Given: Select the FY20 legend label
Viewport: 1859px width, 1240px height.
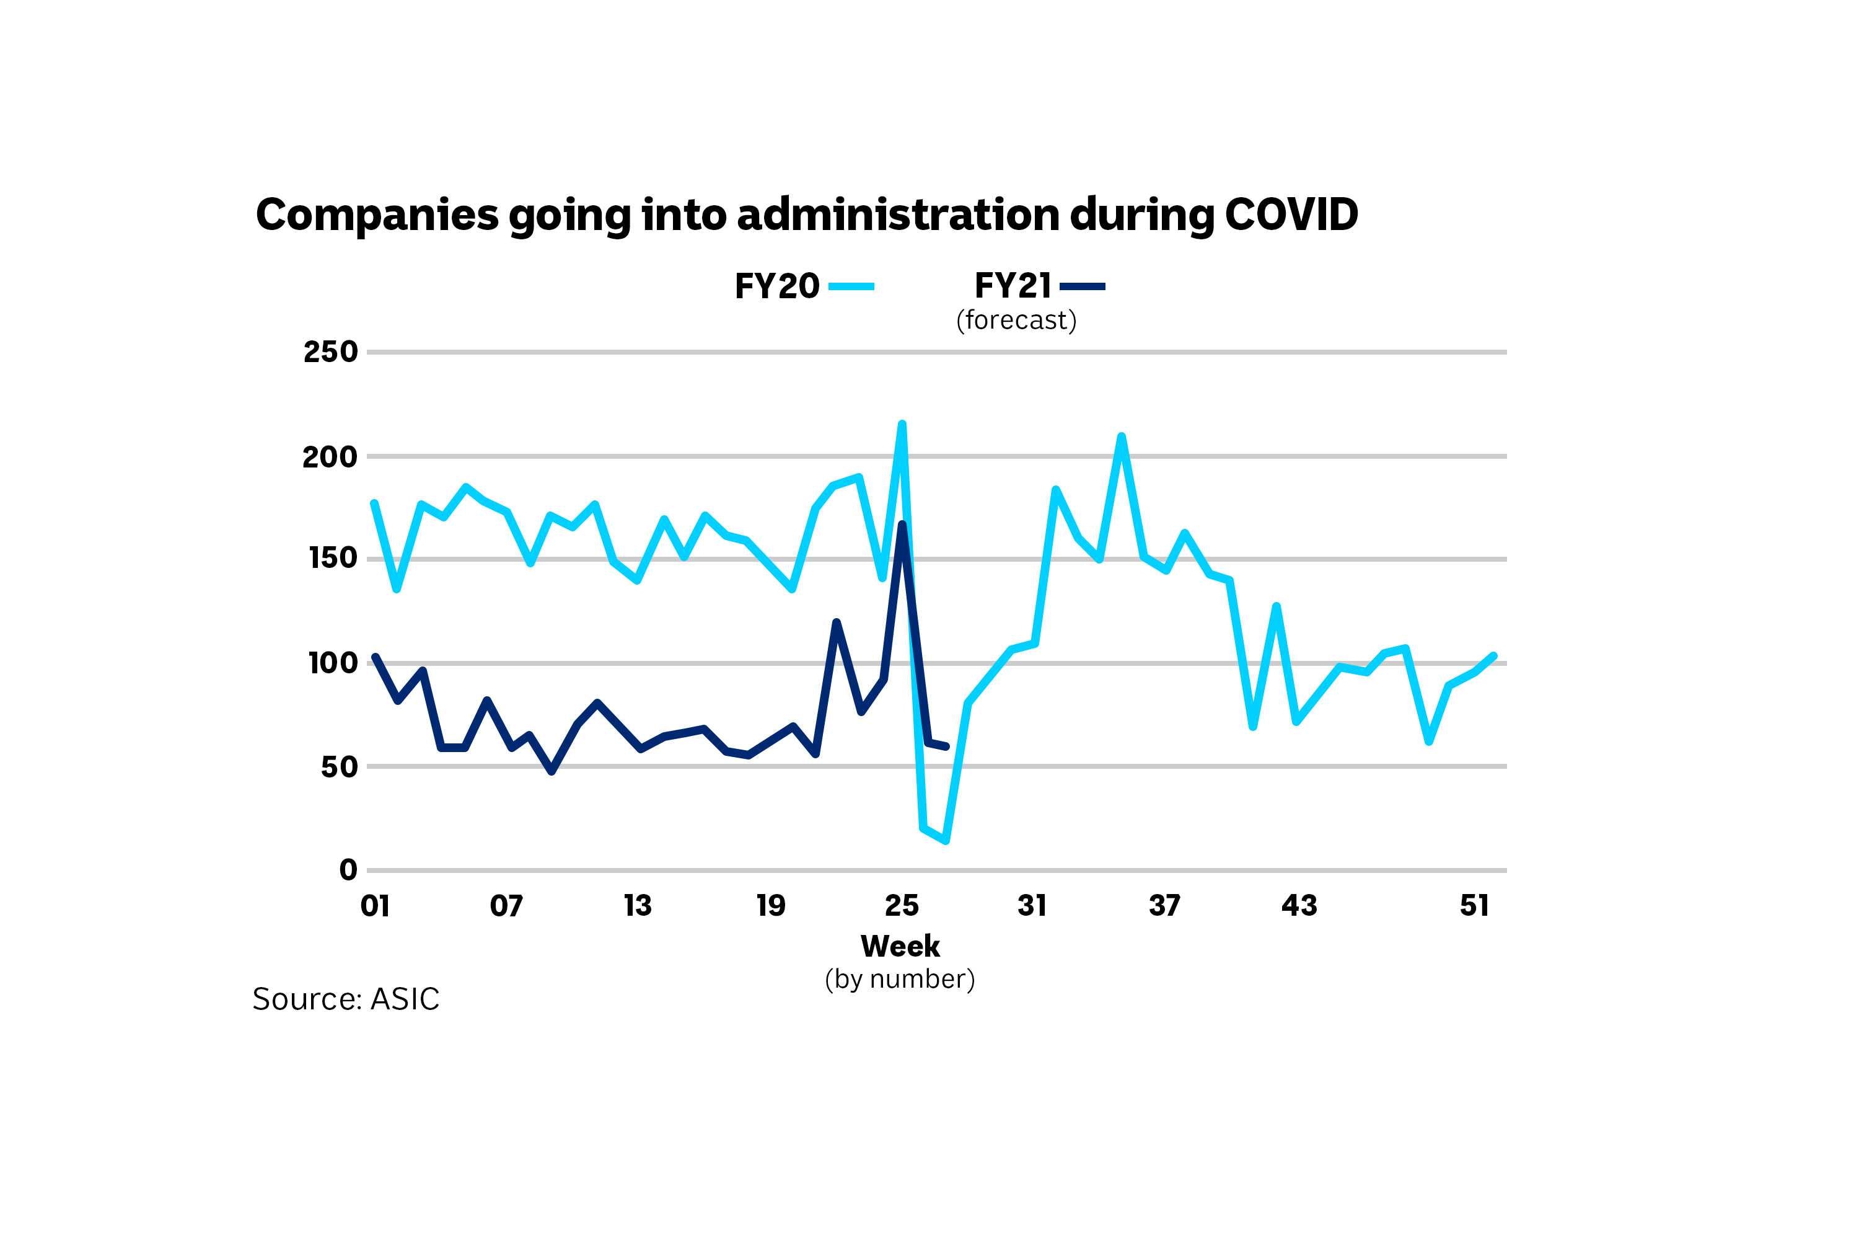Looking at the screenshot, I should click(776, 286).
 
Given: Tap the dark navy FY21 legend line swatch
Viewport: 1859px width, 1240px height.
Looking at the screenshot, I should click(1082, 286).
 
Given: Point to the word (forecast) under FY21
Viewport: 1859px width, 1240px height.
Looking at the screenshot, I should click(1016, 321).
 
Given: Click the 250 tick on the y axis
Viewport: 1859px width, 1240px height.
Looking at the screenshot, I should click(330, 352).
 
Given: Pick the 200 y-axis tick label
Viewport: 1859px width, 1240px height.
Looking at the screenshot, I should click(330, 457).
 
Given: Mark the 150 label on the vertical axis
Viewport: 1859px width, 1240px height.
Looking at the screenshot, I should click(332, 559).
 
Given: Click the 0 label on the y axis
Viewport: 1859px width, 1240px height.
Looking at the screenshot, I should click(348, 870).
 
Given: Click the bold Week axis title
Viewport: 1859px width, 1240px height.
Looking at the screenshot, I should click(900, 946).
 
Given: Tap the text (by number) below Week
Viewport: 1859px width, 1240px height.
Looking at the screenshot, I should click(900, 979).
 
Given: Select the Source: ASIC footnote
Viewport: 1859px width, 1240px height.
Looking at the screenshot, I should click(345, 999).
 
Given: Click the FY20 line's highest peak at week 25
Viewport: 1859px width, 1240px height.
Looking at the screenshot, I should click(902, 424).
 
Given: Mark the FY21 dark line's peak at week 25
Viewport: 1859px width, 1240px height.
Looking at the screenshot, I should click(902, 525).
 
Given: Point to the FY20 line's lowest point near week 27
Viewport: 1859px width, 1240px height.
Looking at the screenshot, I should click(946, 841).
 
